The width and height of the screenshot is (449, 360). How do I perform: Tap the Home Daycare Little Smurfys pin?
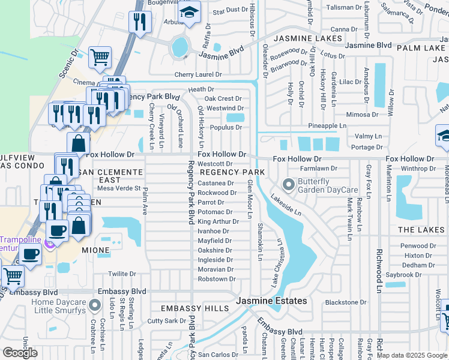click(x=94, y=307)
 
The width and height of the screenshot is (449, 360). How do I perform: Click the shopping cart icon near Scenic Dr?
click(x=100, y=58)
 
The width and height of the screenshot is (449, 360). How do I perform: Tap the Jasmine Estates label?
click(x=271, y=301)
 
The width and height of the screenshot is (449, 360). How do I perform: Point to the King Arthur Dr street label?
click(x=218, y=221)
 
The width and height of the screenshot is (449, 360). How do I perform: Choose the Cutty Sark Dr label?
click(x=167, y=321)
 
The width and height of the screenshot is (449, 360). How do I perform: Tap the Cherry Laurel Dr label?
click(x=198, y=75)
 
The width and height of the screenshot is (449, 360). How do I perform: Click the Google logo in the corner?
click(x=20, y=352)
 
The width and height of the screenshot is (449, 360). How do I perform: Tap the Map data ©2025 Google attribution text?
click(x=412, y=355)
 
